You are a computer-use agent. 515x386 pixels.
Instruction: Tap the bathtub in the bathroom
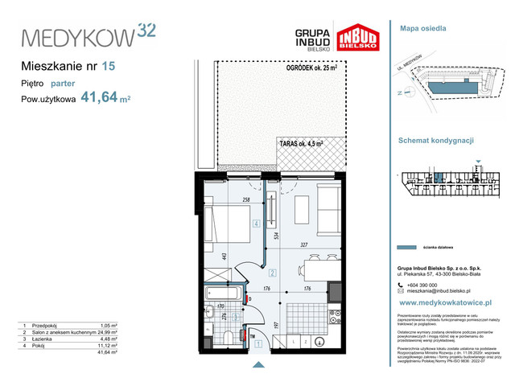coord(220,293)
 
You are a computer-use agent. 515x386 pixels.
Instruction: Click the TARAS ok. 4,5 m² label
coord(302,143)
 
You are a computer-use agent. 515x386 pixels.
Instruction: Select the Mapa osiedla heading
coord(422,28)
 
